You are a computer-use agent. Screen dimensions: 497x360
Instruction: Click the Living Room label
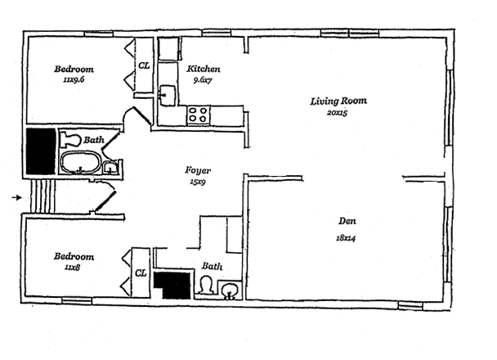(x=338, y=101)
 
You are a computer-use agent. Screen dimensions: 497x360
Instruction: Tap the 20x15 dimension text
(x=338, y=113)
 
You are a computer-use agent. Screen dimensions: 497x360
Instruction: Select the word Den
(x=347, y=221)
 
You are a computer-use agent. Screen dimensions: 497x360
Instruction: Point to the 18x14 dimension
(x=346, y=238)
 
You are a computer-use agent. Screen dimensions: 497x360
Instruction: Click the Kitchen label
(x=204, y=69)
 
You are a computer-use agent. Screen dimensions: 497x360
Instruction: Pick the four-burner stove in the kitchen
(x=198, y=115)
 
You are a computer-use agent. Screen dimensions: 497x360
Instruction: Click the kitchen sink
(x=167, y=95)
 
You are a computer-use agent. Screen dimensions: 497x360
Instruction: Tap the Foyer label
(x=198, y=171)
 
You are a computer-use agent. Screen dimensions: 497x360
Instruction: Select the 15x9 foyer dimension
(x=198, y=182)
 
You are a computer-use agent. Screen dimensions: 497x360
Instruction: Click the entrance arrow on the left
(x=17, y=198)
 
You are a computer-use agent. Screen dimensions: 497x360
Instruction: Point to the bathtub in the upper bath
(x=80, y=163)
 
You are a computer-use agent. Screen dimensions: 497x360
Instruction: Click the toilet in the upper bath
(x=70, y=139)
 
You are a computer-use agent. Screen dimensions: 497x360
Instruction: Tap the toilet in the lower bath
(x=206, y=285)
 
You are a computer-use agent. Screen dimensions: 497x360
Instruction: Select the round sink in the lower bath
(x=230, y=290)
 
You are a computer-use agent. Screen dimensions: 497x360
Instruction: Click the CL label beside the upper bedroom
(x=144, y=65)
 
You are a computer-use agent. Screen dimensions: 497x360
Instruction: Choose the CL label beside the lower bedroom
(x=141, y=272)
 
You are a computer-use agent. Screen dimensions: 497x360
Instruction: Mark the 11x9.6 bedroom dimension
(x=74, y=79)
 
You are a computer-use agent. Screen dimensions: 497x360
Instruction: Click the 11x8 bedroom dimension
(x=72, y=268)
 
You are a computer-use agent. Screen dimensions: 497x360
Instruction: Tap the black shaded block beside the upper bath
(x=41, y=151)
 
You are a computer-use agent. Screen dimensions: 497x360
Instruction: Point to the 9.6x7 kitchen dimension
(x=203, y=80)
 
